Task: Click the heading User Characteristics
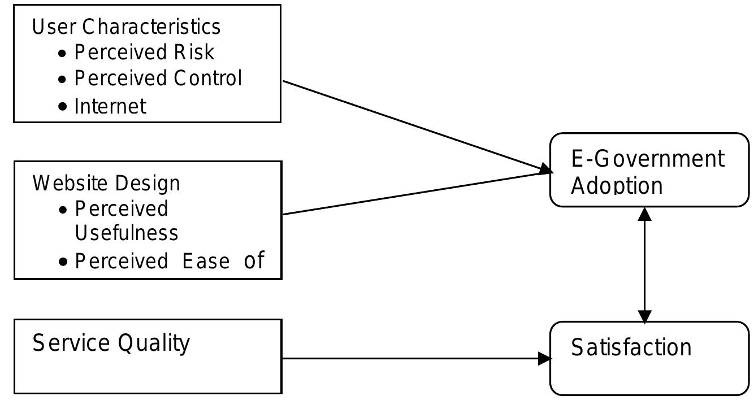coord(126,27)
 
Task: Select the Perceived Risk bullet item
coord(144,52)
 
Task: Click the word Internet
coord(110,106)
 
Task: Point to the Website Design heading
coord(106,183)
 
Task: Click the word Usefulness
coord(127,233)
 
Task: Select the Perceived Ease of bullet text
coord(169,260)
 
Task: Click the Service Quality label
coord(111,343)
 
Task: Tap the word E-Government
coord(647,159)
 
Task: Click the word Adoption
coord(617,186)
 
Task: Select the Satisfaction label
coord(631,347)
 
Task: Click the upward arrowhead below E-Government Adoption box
coord(644,214)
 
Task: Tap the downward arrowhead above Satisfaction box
coord(644,316)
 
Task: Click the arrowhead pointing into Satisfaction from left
coord(544,358)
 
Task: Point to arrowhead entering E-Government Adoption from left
coord(545,169)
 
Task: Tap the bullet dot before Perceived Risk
coord(63,53)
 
